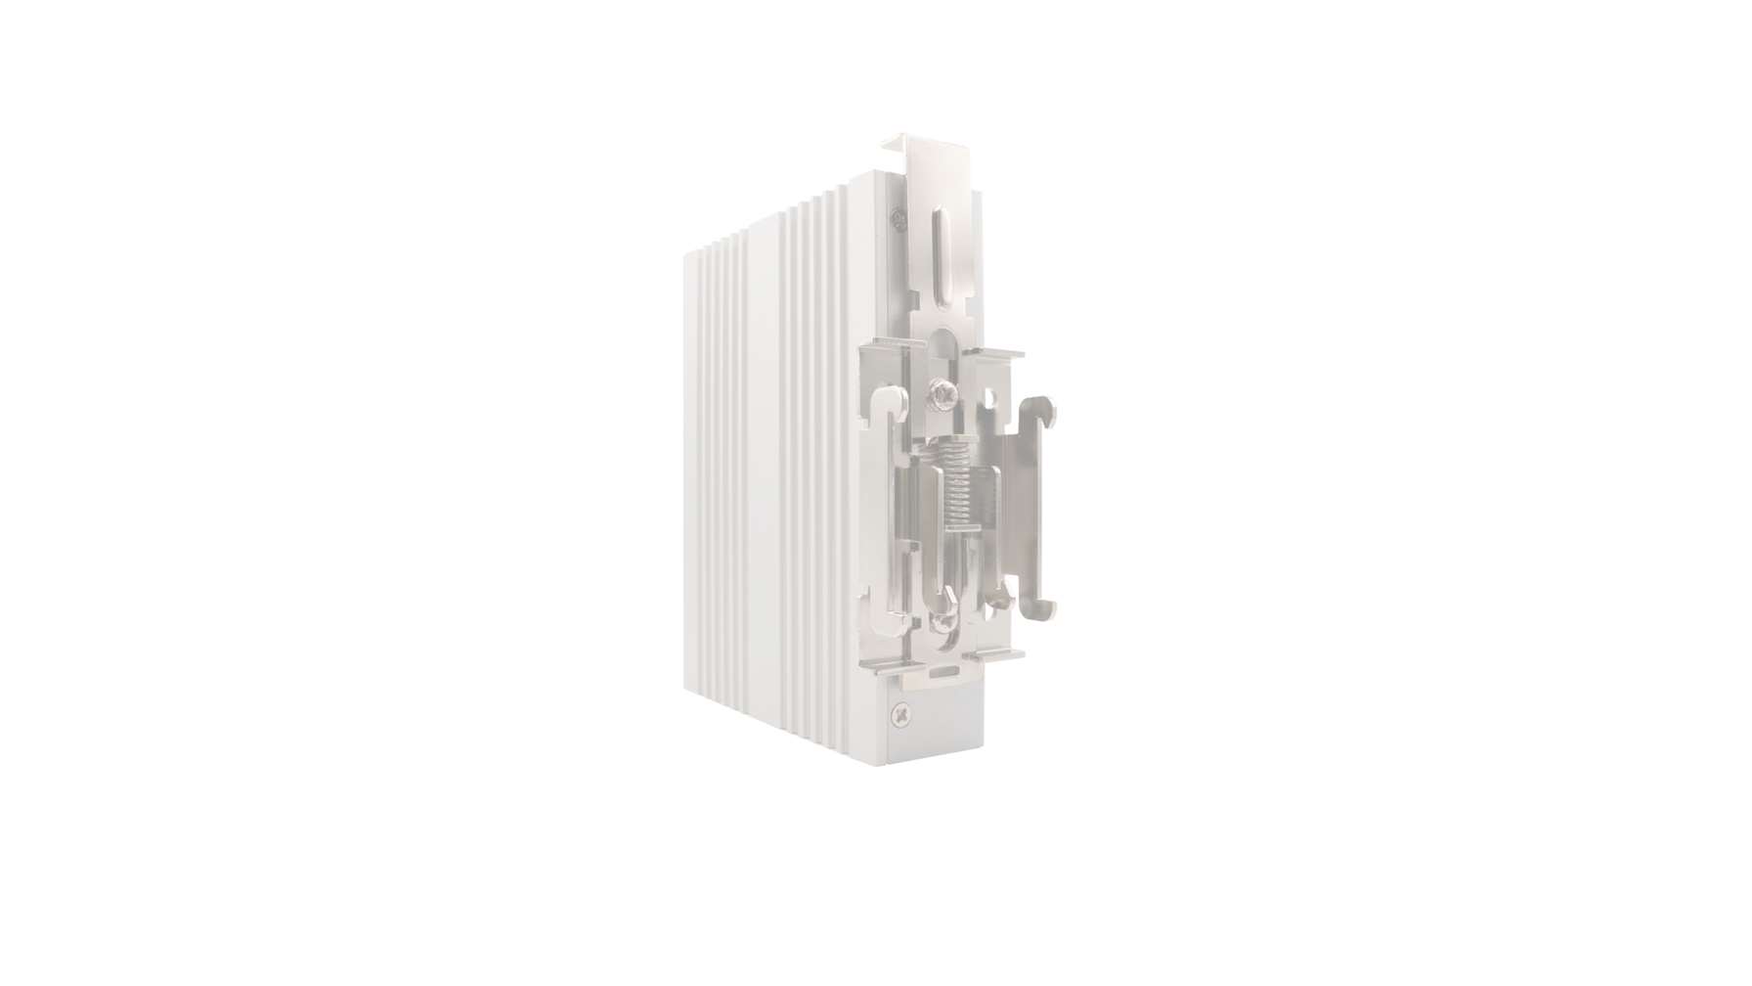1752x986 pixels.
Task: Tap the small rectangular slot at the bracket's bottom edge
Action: [x=945, y=672]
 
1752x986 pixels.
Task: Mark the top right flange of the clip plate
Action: [x=1007, y=354]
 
